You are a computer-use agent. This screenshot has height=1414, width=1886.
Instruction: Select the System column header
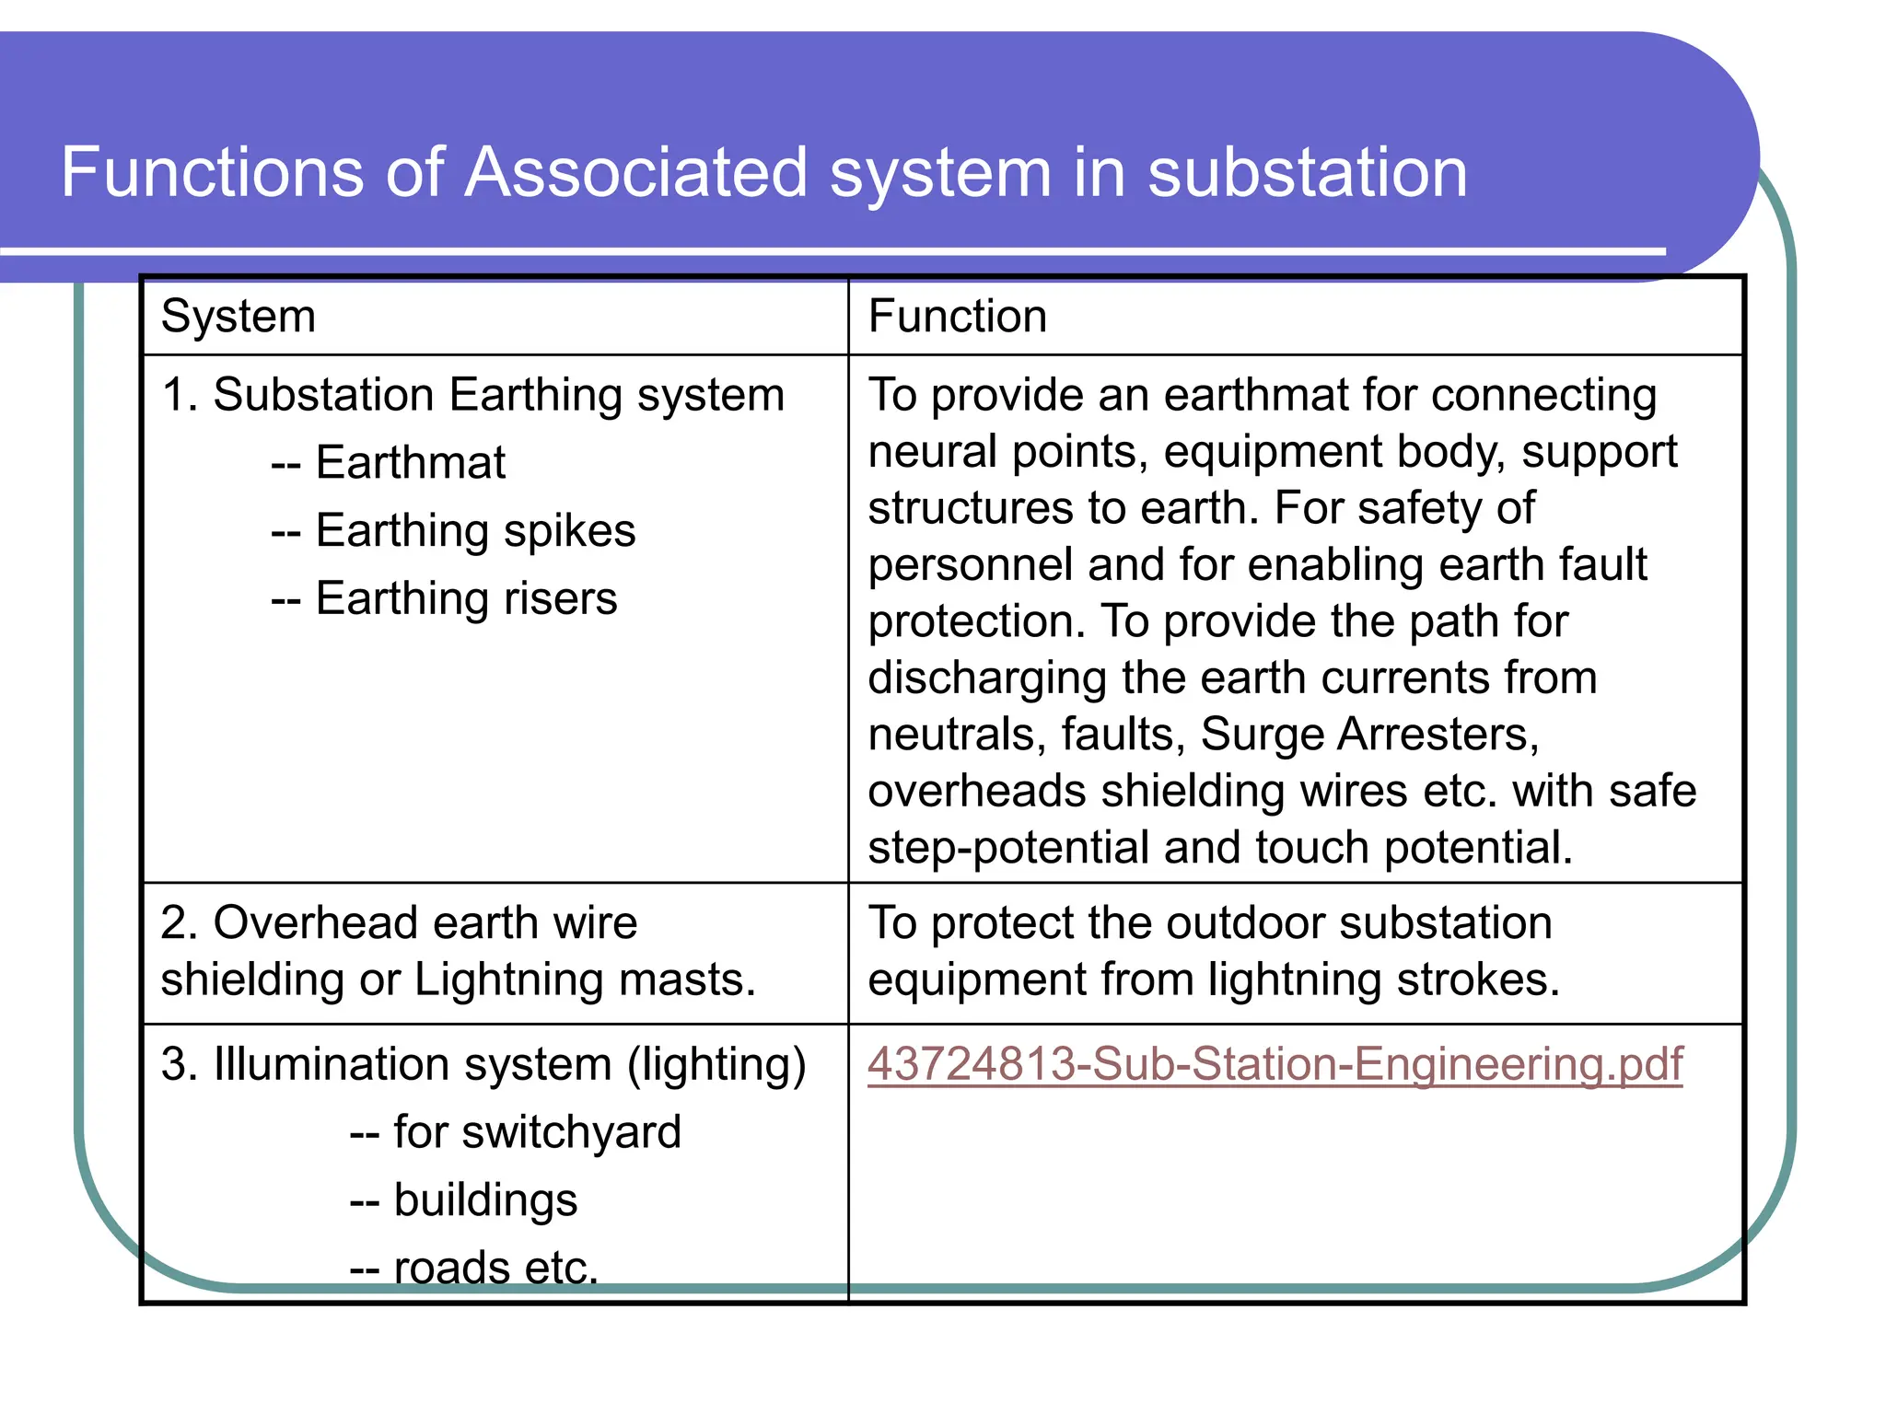(x=239, y=317)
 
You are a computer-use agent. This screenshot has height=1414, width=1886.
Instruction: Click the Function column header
(x=958, y=317)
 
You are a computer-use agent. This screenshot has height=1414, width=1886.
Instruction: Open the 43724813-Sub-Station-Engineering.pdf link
(x=1275, y=1064)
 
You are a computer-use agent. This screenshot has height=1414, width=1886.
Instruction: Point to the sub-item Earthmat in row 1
(x=411, y=462)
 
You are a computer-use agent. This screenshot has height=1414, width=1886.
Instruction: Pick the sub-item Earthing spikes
(x=475, y=530)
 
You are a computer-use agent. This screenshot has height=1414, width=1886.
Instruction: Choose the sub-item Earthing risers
(x=466, y=598)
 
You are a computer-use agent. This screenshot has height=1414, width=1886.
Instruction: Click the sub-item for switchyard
(x=537, y=1132)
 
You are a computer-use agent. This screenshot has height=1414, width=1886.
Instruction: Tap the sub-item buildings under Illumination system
(x=485, y=1200)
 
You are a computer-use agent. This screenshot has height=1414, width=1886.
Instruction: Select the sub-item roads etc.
(x=496, y=1268)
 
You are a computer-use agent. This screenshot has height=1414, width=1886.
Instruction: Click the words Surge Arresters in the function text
(x=1368, y=735)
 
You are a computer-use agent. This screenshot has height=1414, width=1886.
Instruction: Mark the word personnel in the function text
(x=970, y=565)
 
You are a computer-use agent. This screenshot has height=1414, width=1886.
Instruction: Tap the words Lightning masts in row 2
(x=585, y=979)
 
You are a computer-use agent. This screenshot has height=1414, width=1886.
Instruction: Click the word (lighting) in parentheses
(x=716, y=1065)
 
